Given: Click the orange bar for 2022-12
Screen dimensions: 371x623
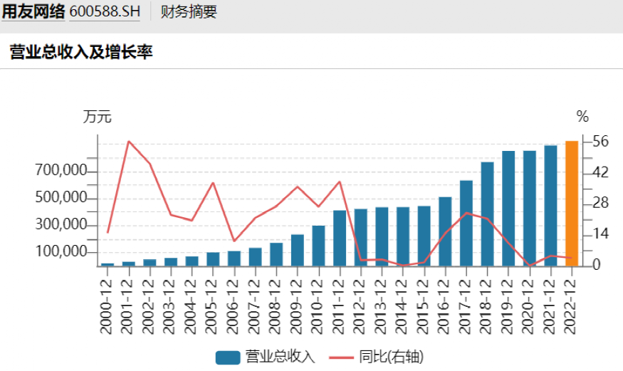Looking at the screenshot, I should [x=571, y=204].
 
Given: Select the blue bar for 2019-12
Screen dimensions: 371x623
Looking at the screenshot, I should [x=508, y=208].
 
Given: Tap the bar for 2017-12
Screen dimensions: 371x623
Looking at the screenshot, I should [x=466, y=223].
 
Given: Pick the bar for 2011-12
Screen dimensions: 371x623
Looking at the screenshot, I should [x=340, y=238].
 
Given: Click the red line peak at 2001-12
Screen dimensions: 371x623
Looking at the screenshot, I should [x=129, y=141].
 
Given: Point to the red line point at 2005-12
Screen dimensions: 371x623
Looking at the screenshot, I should [x=213, y=183].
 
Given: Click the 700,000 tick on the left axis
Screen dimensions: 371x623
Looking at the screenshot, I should [x=61, y=172].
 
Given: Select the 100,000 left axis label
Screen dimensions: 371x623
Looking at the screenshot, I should [x=61, y=253].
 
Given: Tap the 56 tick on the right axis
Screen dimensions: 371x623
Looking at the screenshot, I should [x=600, y=142].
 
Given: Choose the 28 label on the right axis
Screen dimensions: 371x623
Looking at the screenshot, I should [x=600, y=204].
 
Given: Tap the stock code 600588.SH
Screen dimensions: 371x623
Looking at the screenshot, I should [x=105, y=12].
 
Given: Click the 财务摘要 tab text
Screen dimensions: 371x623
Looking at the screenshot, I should [x=189, y=12].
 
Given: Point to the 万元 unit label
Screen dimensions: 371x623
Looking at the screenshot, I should [x=98, y=117].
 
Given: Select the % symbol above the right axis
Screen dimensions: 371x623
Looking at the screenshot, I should [x=582, y=117].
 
